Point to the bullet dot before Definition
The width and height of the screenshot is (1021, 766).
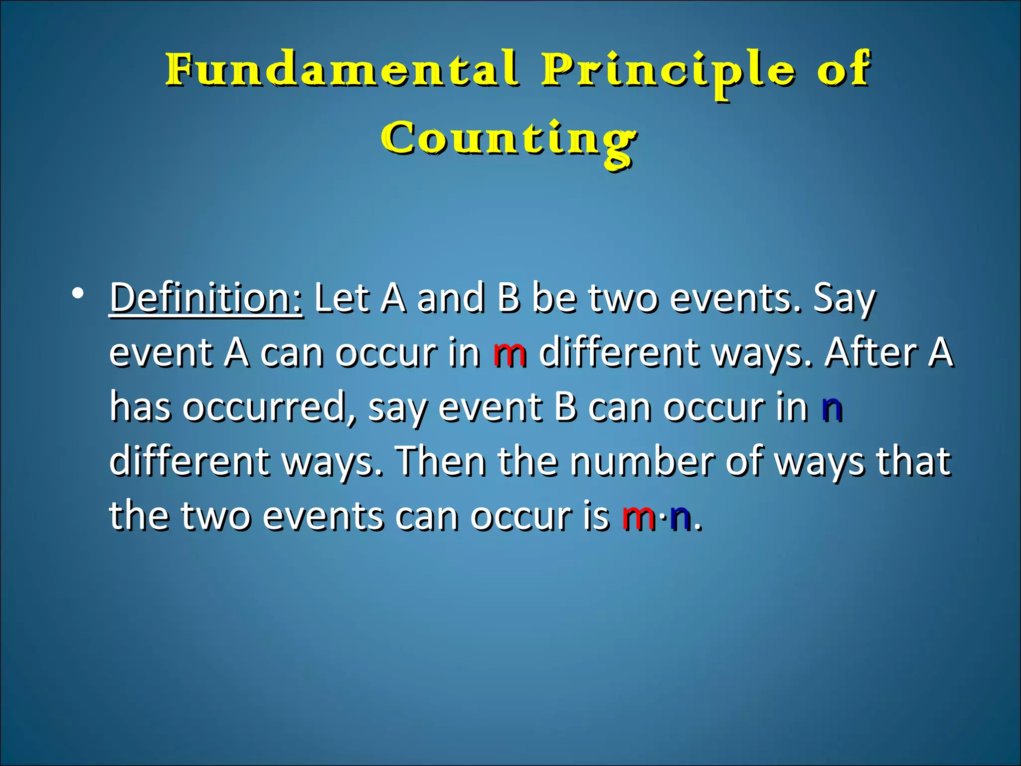(x=77, y=294)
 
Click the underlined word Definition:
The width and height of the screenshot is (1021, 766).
(x=206, y=298)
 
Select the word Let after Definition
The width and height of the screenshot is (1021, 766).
(x=342, y=298)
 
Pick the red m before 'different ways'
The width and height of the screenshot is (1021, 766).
(x=510, y=353)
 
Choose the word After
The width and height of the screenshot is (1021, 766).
(x=870, y=352)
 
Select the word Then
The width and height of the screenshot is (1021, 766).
(x=442, y=461)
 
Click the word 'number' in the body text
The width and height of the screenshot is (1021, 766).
(x=641, y=461)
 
